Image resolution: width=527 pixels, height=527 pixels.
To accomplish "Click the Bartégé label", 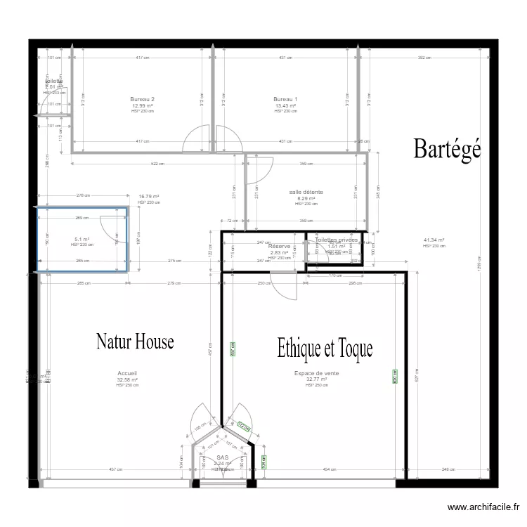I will (447, 148).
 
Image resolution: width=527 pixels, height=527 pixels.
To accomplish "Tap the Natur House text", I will (135, 342).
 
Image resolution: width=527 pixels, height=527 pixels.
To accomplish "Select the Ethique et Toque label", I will (325, 347).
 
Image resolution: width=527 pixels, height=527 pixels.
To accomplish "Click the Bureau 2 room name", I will (143, 100).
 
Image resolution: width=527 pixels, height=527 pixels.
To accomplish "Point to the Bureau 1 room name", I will (286, 100).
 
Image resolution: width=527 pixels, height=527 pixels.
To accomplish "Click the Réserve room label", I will (280, 247).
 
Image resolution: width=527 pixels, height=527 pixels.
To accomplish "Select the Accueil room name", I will (127, 374).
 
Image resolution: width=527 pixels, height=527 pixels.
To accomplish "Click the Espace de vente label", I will (316, 374).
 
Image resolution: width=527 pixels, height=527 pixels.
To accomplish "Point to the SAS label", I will (223, 457).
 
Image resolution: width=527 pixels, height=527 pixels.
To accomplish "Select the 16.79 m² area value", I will (149, 197).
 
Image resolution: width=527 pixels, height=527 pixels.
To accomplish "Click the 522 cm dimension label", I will (159, 164).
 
